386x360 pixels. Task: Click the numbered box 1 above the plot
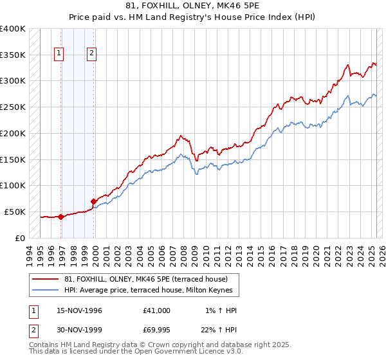point(59,54)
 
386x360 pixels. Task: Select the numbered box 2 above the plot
point(92,54)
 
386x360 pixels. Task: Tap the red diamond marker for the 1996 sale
point(61,217)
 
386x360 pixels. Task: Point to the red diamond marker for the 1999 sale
point(94,201)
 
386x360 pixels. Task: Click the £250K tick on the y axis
point(13,107)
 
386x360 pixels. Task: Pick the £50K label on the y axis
point(15,212)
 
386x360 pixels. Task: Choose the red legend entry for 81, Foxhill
point(145,279)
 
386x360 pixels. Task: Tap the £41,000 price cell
point(157,310)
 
